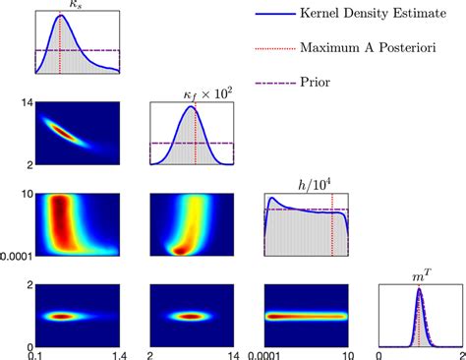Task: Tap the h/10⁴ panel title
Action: point(313,184)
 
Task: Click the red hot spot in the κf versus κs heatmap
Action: point(61,130)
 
